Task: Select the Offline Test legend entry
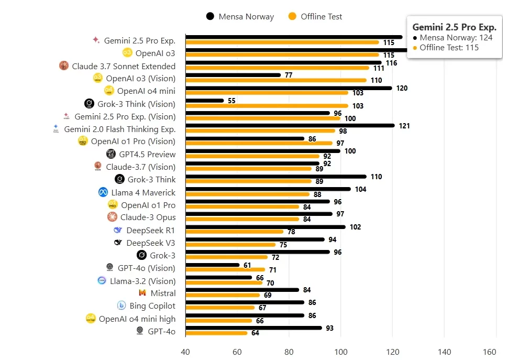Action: pyautogui.click(x=315, y=16)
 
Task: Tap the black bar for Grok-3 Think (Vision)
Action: pyautogui.click(x=205, y=101)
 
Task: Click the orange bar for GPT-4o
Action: pyautogui.click(x=216, y=333)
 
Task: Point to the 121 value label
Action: pyautogui.click(x=405, y=126)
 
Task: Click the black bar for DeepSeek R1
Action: pyautogui.click(x=266, y=227)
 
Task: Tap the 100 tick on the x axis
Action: pyautogui.click(x=341, y=352)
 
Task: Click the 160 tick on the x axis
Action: pyautogui.click(x=490, y=352)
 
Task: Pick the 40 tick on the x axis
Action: pyautogui.click(x=185, y=352)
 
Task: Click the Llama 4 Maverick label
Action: pyautogui.click(x=143, y=192)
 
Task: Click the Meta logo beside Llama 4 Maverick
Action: pyautogui.click(x=103, y=192)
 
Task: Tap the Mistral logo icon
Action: pyautogui.click(x=142, y=293)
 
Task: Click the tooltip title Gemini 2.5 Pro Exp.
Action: pyautogui.click(x=454, y=27)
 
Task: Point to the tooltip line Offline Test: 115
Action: pyautogui.click(x=449, y=48)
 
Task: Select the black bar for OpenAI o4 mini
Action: pyautogui.click(x=289, y=88)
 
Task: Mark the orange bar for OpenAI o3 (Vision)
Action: pyautogui.click(x=276, y=80)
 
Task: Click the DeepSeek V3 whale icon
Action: pyautogui.click(x=118, y=243)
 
